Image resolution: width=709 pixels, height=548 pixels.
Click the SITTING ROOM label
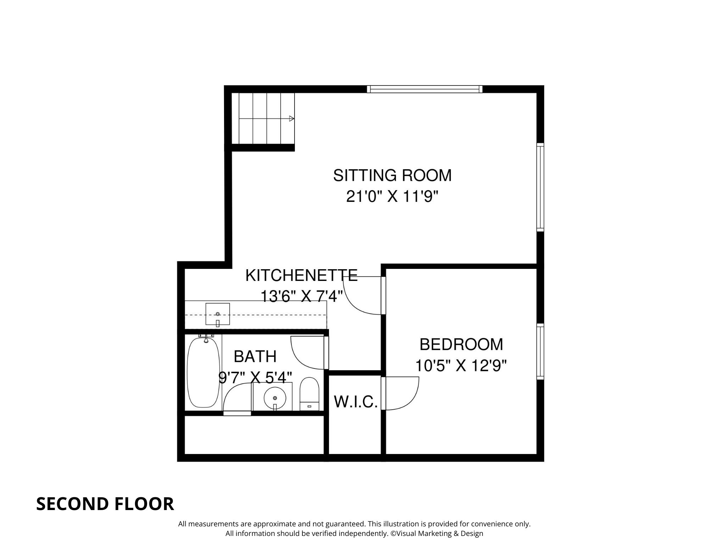(392, 176)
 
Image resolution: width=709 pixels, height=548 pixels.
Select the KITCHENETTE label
(301, 275)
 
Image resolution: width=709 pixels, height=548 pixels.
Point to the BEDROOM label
(461, 344)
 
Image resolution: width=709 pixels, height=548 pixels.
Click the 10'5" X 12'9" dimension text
(461, 365)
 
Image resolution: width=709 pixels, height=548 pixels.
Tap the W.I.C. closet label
(356, 402)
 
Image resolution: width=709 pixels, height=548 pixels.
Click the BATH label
(255, 356)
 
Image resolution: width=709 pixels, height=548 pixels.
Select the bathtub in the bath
(203, 372)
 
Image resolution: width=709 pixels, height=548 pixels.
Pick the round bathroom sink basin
(275, 398)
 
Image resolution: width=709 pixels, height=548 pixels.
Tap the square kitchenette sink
(218, 314)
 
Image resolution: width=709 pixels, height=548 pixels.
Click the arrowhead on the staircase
(291, 118)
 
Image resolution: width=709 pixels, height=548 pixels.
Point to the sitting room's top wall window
(424, 89)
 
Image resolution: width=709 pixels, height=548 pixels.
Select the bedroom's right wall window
(540, 351)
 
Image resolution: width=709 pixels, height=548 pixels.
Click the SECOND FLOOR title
(105, 504)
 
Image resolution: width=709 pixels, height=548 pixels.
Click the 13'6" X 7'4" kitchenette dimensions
(301, 296)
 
